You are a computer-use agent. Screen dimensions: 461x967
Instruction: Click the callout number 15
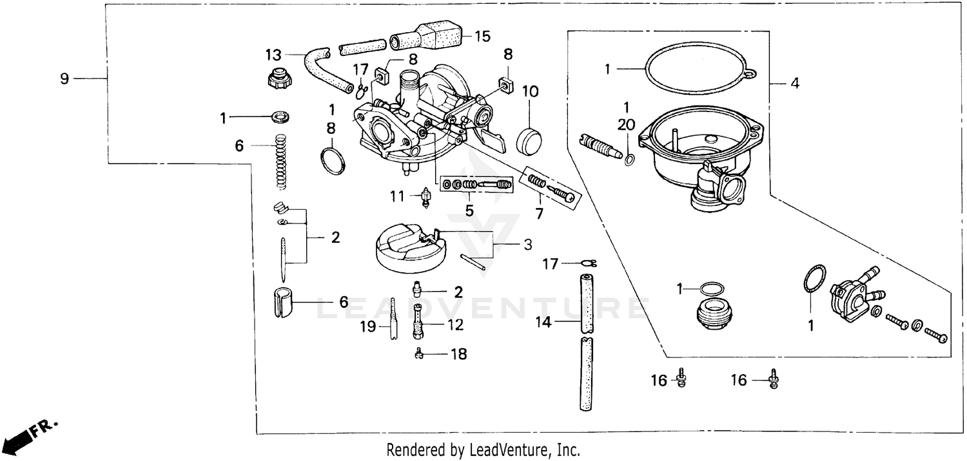[x=482, y=35]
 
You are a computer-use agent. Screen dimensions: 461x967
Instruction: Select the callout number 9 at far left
[x=64, y=79]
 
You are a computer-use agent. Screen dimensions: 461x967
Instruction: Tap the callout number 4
[x=795, y=83]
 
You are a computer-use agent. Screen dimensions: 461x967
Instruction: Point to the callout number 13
[x=273, y=53]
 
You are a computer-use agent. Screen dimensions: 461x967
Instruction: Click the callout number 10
[x=530, y=91]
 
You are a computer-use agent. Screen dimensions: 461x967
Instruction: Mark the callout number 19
[x=367, y=326]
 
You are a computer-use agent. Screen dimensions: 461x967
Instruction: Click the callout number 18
[x=458, y=353]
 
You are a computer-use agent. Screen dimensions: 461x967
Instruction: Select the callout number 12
[x=455, y=325]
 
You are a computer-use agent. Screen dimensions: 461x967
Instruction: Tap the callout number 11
[x=398, y=194]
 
